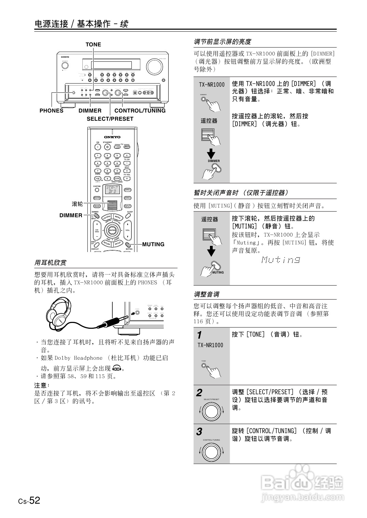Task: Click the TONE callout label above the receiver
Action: tap(93, 45)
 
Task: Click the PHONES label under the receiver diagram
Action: tap(52, 111)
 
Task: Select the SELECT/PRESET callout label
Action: tap(110, 119)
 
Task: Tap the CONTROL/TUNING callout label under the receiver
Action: tap(140, 111)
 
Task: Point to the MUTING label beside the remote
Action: tap(153, 245)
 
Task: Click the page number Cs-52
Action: tap(29, 501)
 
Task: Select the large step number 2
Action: tap(199, 393)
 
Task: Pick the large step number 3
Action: tap(199, 432)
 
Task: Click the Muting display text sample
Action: tap(281, 260)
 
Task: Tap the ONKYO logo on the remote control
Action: tap(112, 137)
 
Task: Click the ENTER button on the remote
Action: tap(112, 231)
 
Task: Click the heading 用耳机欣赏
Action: tap(50, 263)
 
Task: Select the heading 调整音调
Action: tap(207, 294)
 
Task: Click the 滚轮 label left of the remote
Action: tap(77, 204)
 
